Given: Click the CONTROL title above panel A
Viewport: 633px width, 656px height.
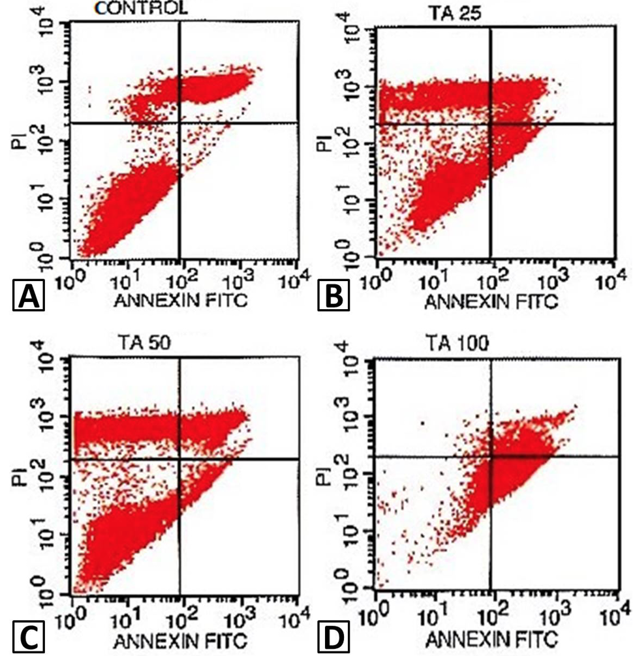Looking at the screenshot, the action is point(141,8).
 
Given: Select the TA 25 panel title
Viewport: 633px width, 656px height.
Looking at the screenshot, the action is point(455,14).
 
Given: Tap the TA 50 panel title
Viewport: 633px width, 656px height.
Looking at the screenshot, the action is point(144,343).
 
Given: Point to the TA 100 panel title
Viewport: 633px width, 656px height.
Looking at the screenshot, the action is point(457,344).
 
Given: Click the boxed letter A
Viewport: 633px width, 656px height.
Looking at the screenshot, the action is point(29,295).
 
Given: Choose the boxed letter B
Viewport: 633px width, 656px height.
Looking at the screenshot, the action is point(333,295).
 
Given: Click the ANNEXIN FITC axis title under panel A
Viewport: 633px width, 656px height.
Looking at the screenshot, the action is point(181,301).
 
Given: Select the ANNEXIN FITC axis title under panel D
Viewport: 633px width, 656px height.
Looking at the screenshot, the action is point(492,640).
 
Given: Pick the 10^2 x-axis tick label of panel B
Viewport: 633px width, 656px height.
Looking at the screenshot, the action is point(493,280).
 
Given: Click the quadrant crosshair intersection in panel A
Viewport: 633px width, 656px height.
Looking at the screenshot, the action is point(179,123).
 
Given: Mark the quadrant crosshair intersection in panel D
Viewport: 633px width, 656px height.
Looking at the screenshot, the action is point(491,456).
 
